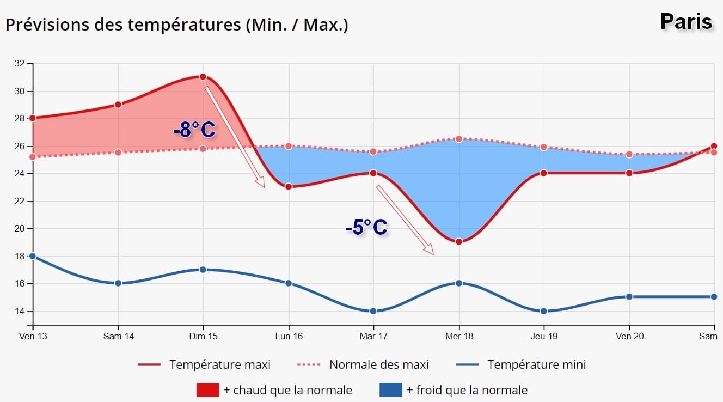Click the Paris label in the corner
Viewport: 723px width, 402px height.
coord(686,22)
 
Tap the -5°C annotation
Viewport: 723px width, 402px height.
coord(366,227)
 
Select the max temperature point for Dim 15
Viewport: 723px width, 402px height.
coord(203,77)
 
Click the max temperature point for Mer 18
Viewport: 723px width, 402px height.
coord(459,241)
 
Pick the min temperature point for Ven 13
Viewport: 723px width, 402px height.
coord(33,256)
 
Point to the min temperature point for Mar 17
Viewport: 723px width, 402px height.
coord(373,311)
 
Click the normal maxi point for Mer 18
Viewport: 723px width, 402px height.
coord(459,139)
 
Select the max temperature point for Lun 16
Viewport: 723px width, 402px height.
coord(289,186)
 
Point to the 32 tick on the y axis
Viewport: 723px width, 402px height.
coord(20,64)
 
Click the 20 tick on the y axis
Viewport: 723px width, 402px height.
coord(20,229)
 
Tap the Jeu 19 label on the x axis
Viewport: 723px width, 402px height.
coord(544,337)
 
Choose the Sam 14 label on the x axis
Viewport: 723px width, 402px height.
coord(118,337)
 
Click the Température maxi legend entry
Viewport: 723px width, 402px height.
coord(219,364)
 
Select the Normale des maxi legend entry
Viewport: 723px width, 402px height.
coord(379,364)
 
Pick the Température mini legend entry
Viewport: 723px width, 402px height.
coord(536,364)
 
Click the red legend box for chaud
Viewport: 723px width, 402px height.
coord(207,390)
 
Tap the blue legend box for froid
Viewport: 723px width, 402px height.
coord(390,390)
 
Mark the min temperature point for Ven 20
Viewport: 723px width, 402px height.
coord(629,297)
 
